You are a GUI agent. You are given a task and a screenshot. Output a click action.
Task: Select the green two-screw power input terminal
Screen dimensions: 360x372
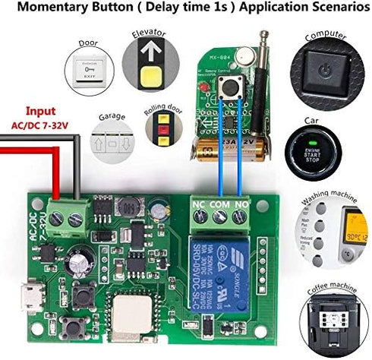click(x=65, y=218)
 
